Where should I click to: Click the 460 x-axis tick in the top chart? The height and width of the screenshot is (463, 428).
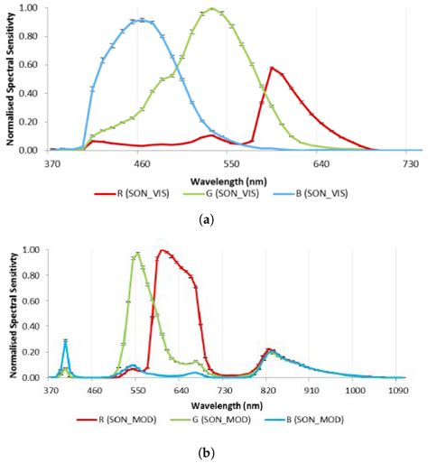[141, 163]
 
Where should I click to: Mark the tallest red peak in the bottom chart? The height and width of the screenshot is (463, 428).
[163, 250]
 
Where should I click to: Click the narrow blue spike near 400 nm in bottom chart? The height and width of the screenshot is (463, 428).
[66, 341]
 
